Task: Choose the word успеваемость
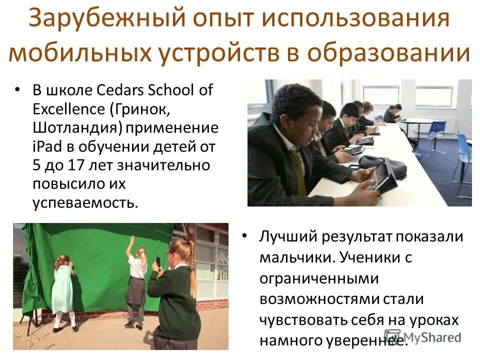coord(84,202)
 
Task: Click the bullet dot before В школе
coord(18,90)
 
